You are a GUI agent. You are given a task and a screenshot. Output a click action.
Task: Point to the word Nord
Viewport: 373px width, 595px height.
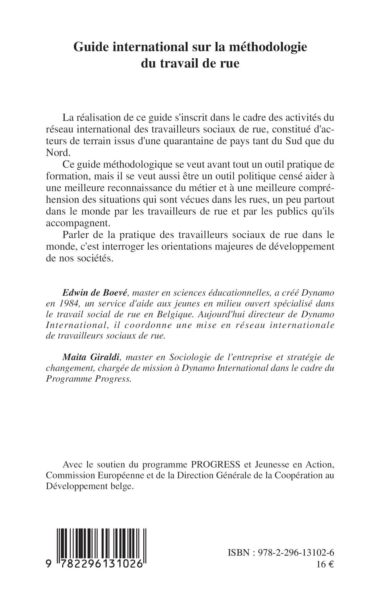[x=58, y=153]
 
